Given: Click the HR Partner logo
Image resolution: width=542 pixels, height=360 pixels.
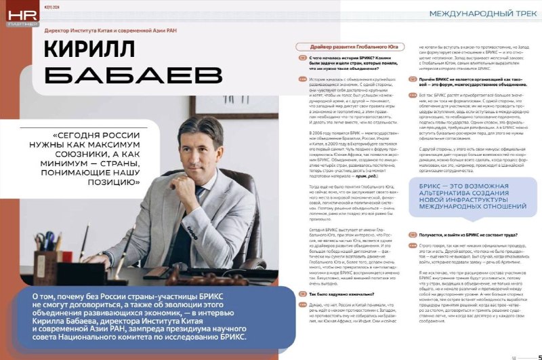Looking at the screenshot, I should pos(15,15).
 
